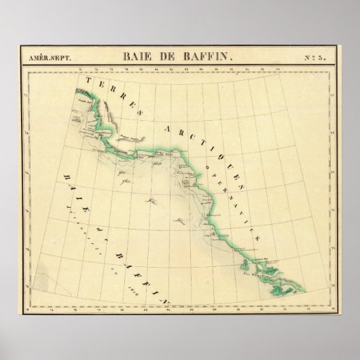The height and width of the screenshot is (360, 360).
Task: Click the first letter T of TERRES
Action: [x=86, y=81]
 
